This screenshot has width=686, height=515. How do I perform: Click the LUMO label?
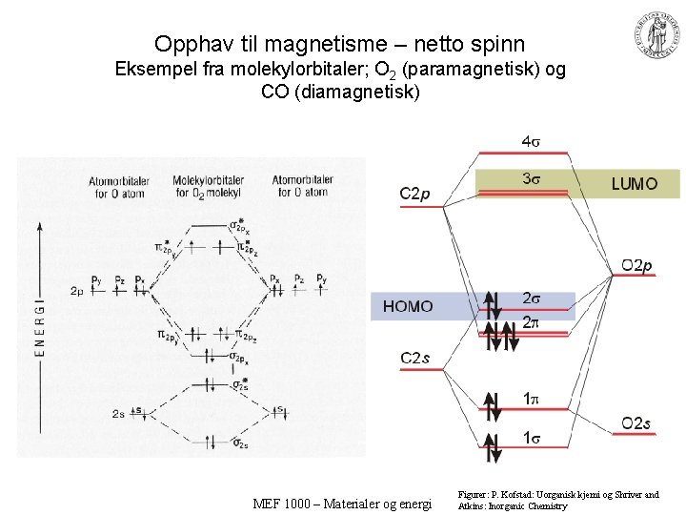(x=634, y=184)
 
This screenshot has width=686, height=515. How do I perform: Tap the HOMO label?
(x=407, y=306)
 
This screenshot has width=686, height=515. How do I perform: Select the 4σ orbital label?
(x=532, y=142)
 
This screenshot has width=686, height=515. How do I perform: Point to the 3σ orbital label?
(x=532, y=178)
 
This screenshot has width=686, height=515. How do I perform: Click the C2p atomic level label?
(x=414, y=195)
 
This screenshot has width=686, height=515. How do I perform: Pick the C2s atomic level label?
(x=414, y=358)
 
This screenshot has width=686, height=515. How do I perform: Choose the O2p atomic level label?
(x=637, y=265)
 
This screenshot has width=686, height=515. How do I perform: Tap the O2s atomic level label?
(x=636, y=422)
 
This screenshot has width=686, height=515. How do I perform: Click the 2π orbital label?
(x=532, y=323)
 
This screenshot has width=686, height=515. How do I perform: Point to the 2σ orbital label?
(x=532, y=299)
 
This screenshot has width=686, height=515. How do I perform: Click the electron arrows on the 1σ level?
(x=492, y=445)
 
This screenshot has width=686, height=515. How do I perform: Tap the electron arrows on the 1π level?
(x=492, y=405)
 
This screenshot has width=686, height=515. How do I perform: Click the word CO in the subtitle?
(x=273, y=93)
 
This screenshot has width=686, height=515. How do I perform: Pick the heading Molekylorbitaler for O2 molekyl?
(x=208, y=186)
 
